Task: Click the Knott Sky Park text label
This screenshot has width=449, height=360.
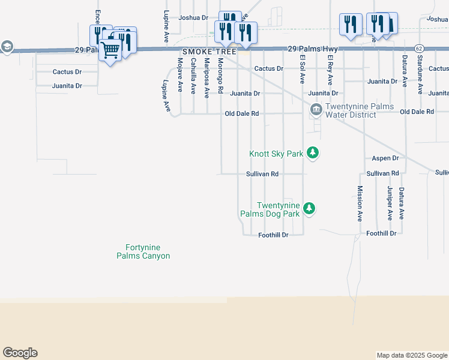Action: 276,154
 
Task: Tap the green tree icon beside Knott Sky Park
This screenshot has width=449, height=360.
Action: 312,153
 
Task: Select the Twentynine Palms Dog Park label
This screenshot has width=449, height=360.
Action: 270,209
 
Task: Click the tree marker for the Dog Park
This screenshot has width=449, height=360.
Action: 309,208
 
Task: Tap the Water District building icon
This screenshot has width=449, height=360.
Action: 316,110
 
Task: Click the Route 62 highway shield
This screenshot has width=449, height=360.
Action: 419,48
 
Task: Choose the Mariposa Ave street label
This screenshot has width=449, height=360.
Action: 206,77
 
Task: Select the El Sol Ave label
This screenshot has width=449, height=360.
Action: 303,69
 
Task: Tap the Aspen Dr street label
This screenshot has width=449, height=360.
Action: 385,158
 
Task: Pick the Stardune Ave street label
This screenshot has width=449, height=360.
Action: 420,76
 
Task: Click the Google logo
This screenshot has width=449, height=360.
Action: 20,353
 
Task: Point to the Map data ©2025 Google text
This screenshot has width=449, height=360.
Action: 411,356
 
